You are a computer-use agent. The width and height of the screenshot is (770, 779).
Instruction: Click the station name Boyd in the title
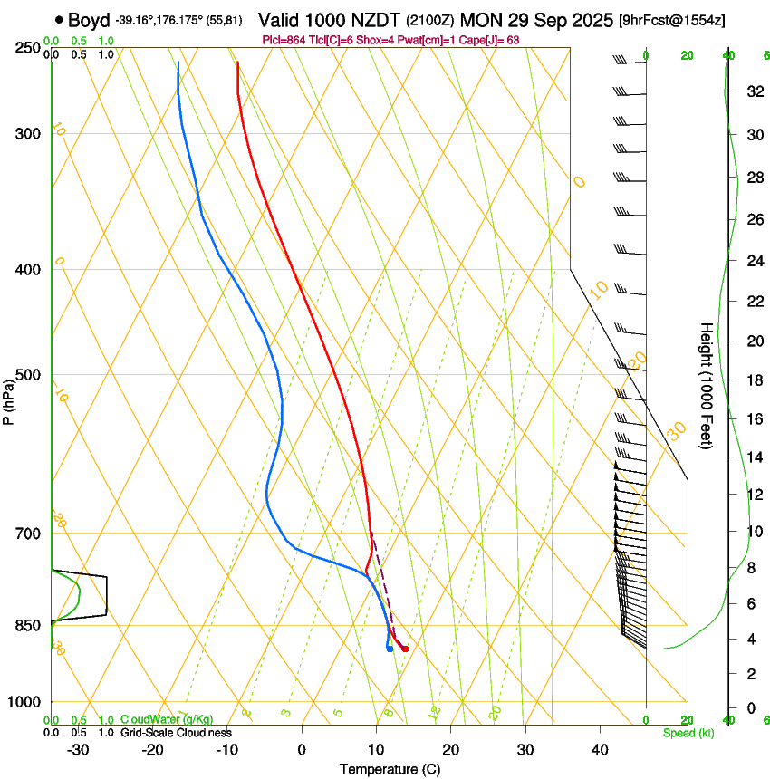pyautogui.click(x=88, y=20)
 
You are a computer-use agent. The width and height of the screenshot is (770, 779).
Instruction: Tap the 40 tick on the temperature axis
pyautogui.click(x=600, y=749)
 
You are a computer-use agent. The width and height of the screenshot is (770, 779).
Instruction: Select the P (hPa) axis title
pyautogui.click(x=9, y=399)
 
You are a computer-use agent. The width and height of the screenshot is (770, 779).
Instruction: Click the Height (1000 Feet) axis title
pyautogui.click(x=707, y=385)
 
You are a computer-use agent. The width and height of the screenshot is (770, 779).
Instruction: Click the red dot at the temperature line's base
pyautogui.click(x=405, y=649)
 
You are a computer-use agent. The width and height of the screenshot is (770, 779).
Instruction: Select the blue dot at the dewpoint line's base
pyautogui.click(x=389, y=649)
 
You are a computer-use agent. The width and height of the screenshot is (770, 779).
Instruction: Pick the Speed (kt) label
pyautogui.click(x=688, y=733)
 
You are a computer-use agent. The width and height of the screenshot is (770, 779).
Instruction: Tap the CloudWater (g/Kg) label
pyautogui.click(x=168, y=720)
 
